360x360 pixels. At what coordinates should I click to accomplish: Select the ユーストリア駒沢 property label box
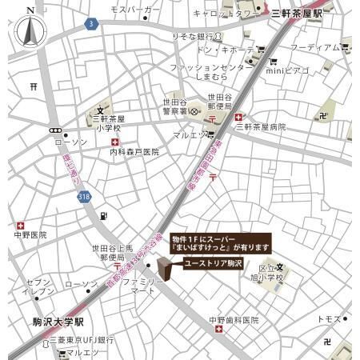(x=211, y=263)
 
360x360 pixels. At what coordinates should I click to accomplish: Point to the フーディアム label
(x=314, y=47)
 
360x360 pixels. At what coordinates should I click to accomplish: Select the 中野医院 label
(x=30, y=235)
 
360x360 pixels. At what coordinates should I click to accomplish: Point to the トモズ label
(x=328, y=318)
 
